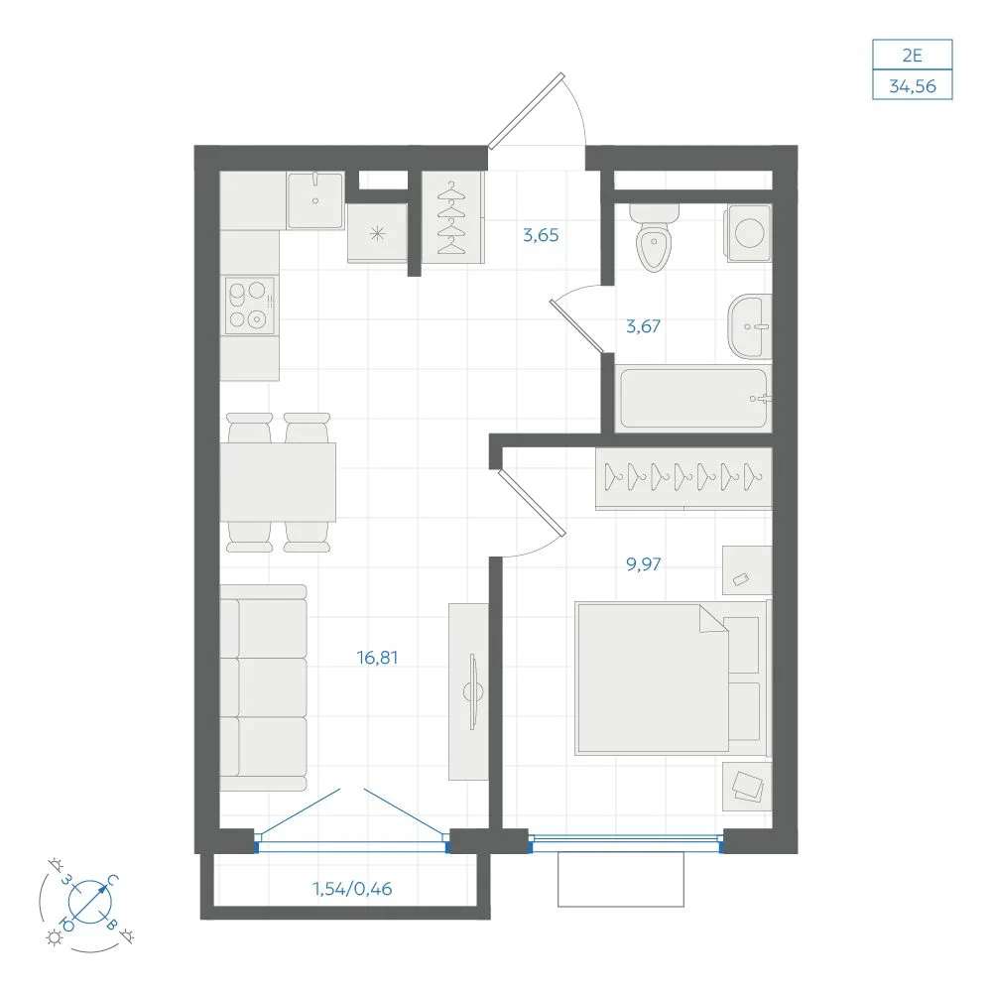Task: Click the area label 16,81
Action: pyautogui.click(x=377, y=658)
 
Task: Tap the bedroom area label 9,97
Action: pyautogui.click(x=644, y=563)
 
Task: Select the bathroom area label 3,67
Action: pyautogui.click(x=643, y=326)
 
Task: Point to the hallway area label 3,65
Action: pyautogui.click(x=541, y=235)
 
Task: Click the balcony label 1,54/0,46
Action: pyautogui.click(x=352, y=889)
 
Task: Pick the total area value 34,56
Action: pyautogui.click(x=913, y=86)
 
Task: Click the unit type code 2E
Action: pyautogui.click(x=913, y=56)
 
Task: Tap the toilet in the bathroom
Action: pyautogui.click(x=654, y=237)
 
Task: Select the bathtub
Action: pyautogui.click(x=693, y=399)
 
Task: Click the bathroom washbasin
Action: pyautogui.click(x=750, y=326)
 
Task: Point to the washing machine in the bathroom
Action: pyautogui.click(x=748, y=233)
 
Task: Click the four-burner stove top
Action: pyautogui.click(x=250, y=306)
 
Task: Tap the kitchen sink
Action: pyautogui.click(x=315, y=200)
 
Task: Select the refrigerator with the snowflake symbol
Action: pyautogui.click(x=377, y=232)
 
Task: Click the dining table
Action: pyautogui.click(x=278, y=482)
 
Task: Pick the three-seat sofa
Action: pyautogui.click(x=263, y=687)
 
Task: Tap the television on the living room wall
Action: pyautogui.click(x=472, y=691)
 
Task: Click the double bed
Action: pyautogui.click(x=671, y=678)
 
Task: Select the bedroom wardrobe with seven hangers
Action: pyautogui.click(x=683, y=478)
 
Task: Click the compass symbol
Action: pyautogui.click(x=89, y=901)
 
